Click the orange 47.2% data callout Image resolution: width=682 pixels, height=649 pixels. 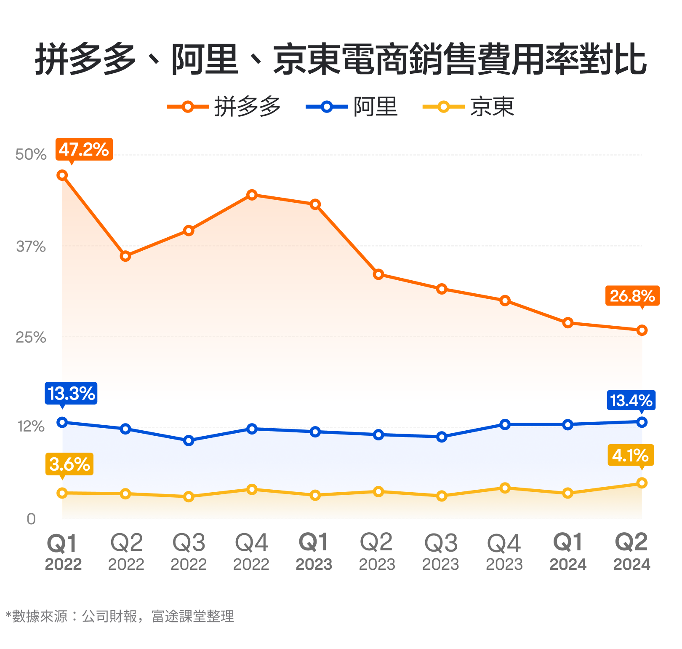tap(84, 149)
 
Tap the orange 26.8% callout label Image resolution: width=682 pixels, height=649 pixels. tap(632, 296)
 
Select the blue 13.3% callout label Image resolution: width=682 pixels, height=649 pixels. tap(71, 393)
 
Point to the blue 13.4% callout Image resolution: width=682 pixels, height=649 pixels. tap(631, 400)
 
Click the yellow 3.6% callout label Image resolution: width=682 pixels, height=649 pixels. tap(69, 464)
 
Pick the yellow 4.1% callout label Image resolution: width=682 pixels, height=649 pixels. tap(630, 455)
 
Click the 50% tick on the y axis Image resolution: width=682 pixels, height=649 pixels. tap(31, 155)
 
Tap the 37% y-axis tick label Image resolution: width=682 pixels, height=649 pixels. tap(31, 246)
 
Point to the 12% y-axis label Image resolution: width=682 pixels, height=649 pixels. tap(31, 426)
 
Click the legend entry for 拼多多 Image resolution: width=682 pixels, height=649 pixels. tap(224, 106)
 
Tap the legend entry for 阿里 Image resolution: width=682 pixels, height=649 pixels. tap(352, 106)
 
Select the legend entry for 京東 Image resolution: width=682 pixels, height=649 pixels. tap(469, 106)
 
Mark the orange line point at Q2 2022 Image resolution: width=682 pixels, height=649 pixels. tap(125, 256)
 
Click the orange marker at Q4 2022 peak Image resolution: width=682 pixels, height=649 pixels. tap(252, 195)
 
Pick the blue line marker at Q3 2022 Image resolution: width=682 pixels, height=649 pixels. tap(189, 440)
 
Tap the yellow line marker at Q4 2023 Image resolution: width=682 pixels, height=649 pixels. tap(505, 488)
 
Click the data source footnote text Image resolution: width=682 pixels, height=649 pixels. tap(120, 616)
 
